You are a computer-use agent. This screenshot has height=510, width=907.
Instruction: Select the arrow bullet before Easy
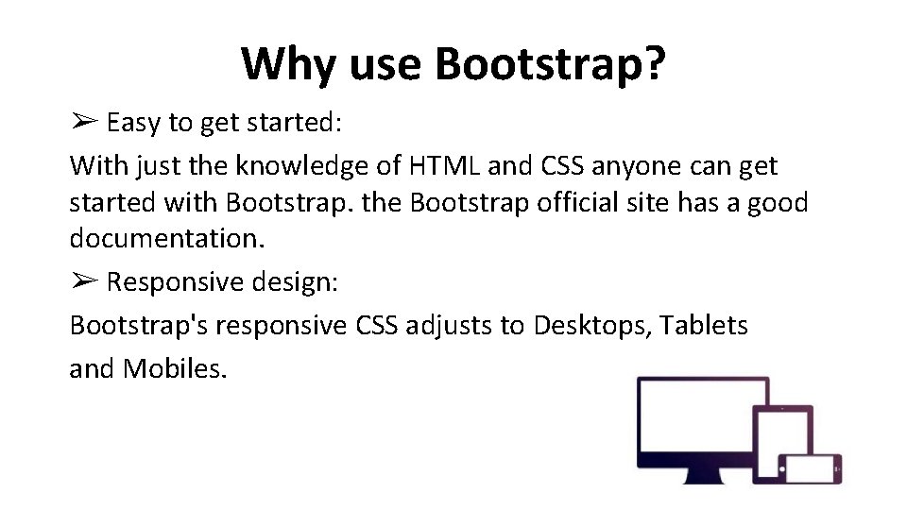83,123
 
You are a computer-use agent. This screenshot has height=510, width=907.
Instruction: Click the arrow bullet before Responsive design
83,281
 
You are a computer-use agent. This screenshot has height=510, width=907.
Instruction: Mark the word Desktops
591,326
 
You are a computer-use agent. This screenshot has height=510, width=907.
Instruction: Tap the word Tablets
704,326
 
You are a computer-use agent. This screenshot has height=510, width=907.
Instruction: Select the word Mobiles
175,367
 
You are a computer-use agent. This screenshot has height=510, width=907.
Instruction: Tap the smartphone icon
810,467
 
